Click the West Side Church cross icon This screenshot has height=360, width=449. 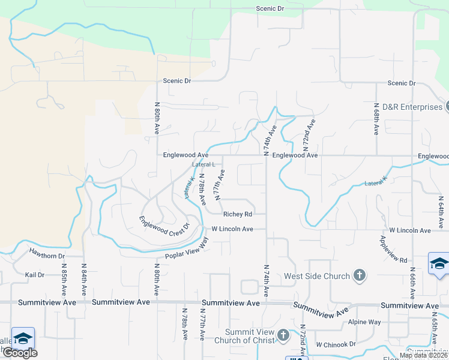pos(359,275)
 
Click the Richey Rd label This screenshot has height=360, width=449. pos(237,214)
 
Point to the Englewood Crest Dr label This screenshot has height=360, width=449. pos(164,225)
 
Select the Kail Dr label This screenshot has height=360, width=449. pos(35,275)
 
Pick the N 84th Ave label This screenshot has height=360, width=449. pos(83,280)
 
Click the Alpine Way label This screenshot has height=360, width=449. pos(365,322)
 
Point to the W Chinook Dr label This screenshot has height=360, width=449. pos(336,344)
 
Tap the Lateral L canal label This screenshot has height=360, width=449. pos(203,164)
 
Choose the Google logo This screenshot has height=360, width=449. pos(20,353)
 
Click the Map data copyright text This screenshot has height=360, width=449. pos(423,355)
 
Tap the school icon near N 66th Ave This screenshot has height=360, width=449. pos(439,264)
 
